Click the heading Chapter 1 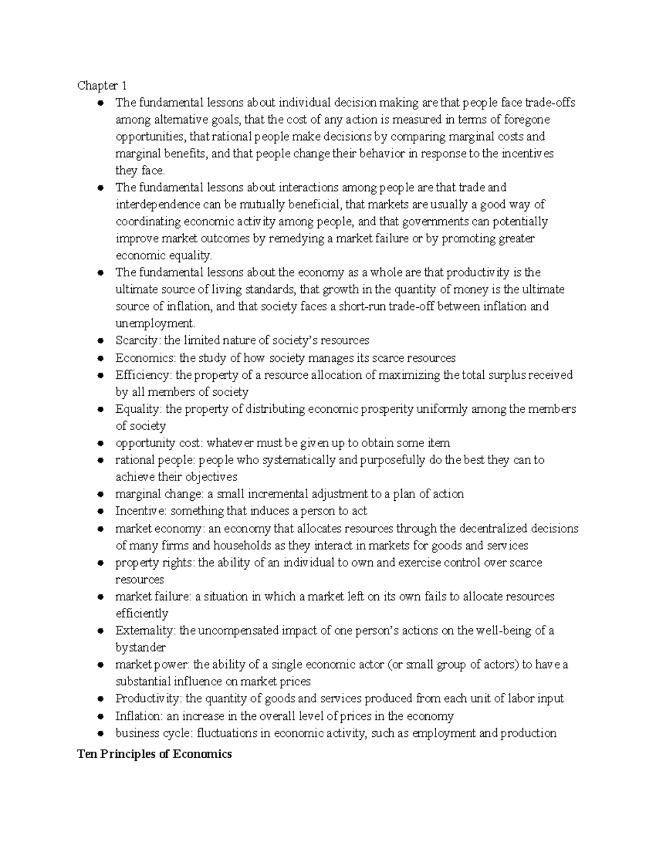coord(102,85)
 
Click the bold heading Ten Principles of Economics coord(154,754)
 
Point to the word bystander coord(140,648)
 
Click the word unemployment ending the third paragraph coord(155,324)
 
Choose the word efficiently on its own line coord(142,614)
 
